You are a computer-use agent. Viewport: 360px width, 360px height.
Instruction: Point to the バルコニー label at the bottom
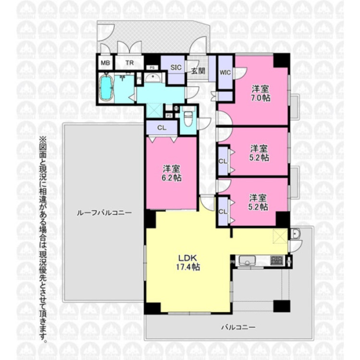238,327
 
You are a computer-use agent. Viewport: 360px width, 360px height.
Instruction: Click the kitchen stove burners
277,261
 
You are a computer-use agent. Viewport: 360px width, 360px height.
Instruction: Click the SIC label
176,68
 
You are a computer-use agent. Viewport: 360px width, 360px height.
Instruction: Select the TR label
130,63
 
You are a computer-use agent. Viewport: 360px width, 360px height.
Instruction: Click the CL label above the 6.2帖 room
162,128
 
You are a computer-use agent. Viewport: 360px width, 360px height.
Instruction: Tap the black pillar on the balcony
281,305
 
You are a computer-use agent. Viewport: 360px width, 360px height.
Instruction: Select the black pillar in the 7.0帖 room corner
282,60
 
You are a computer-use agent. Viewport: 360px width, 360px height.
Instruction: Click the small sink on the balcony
295,234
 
